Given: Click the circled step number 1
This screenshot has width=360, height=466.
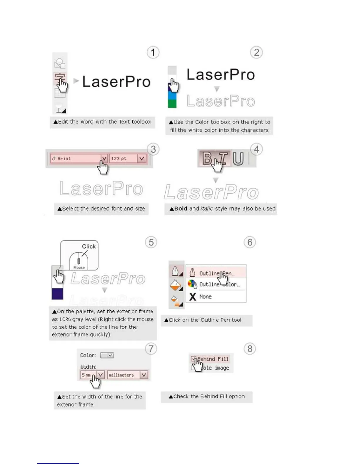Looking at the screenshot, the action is pyautogui.click(x=153, y=53).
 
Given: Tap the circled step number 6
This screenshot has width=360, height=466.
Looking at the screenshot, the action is pyautogui.click(x=250, y=242).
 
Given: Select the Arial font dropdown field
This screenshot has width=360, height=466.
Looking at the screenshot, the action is pyautogui.click(x=76, y=159).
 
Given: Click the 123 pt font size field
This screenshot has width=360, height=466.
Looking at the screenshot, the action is pyautogui.click(x=124, y=159).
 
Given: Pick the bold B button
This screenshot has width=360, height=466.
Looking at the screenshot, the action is pyautogui.click(x=207, y=158).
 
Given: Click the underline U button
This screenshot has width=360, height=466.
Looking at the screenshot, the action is pyautogui.click(x=238, y=159).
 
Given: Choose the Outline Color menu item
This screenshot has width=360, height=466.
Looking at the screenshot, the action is pyautogui.click(x=219, y=284).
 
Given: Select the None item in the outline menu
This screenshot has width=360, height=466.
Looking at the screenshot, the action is pyautogui.click(x=205, y=297).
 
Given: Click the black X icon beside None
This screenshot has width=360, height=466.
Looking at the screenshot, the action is pyautogui.click(x=193, y=297).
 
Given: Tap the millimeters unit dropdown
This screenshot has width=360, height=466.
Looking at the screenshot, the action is pyautogui.click(x=127, y=375).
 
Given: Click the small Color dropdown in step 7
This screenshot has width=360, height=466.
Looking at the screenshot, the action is pyautogui.click(x=107, y=355).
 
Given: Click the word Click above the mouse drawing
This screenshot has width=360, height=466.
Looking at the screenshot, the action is pyautogui.click(x=89, y=247).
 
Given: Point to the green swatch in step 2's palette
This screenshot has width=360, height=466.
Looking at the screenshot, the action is pyautogui.click(x=172, y=103).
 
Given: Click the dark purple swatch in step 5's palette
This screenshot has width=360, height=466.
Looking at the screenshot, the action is pyautogui.click(x=57, y=294).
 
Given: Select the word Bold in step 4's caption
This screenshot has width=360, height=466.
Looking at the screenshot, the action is pyautogui.click(x=181, y=209).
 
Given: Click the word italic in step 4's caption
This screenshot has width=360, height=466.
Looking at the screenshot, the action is pyautogui.click(x=206, y=209).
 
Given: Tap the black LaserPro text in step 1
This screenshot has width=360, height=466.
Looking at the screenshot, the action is pyautogui.click(x=116, y=81).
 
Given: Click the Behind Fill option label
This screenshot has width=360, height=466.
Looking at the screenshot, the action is pyautogui.click(x=213, y=359).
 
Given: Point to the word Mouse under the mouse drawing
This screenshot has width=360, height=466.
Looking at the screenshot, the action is pyautogui.click(x=79, y=267).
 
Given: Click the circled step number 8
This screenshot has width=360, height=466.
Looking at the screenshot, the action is pyautogui.click(x=250, y=349).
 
